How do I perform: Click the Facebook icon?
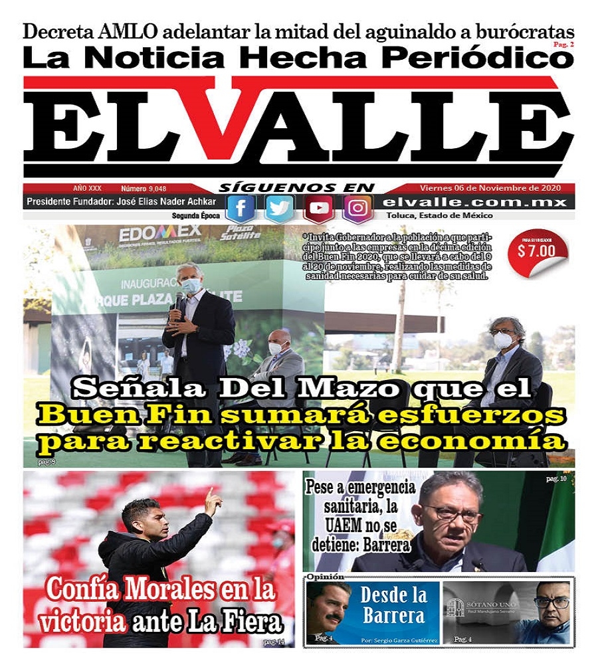coord(240,209)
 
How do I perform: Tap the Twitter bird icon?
coord(280,209)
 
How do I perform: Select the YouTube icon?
coord(319,209)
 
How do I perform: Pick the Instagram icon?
coord(358,209)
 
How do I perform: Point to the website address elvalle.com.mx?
coord(476,203)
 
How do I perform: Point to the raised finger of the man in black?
coord(209,494)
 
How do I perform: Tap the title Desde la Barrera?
coord(394,605)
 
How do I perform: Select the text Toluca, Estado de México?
coord(439,216)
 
